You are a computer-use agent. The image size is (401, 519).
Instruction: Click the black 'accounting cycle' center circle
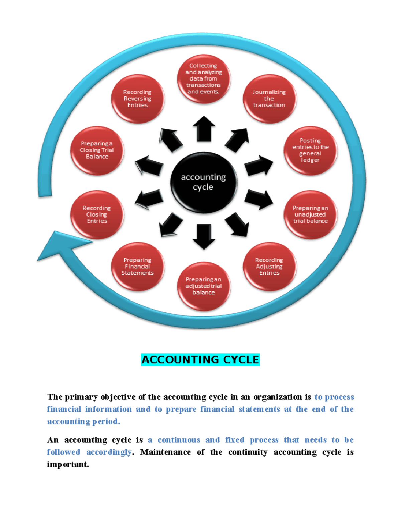click(204, 182)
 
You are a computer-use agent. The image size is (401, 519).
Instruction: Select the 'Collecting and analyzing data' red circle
click(204, 79)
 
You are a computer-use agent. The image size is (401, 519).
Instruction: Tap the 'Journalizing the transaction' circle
click(269, 99)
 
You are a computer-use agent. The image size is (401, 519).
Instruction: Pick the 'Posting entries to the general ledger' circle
click(310, 150)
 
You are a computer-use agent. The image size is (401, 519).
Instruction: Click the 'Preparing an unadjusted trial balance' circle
click(310, 215)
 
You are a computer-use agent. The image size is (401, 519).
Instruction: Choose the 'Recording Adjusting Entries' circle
click(269, 266)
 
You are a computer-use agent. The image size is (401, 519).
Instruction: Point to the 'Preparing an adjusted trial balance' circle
click(204, 286)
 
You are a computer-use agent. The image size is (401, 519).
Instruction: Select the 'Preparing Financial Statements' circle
click(137, 266)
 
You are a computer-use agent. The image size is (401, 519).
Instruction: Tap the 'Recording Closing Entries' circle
click(97, 215)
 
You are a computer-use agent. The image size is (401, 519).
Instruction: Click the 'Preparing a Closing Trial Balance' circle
click(97, 150)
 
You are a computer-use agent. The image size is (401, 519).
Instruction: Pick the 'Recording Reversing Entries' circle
click(137, 99)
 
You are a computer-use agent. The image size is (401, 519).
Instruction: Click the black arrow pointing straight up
click(204, 129)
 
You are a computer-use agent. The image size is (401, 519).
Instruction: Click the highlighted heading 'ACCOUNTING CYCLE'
click(200, 360)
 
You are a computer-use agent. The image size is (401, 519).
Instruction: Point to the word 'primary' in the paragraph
click(81, 397)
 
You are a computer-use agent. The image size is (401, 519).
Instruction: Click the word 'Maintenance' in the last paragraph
click(165, 452)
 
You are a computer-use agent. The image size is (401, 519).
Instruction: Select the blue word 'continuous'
click(179, 440)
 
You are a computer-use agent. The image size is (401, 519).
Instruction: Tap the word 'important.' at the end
click(68, 465)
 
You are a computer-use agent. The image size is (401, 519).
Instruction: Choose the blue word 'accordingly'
click(109, 452)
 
